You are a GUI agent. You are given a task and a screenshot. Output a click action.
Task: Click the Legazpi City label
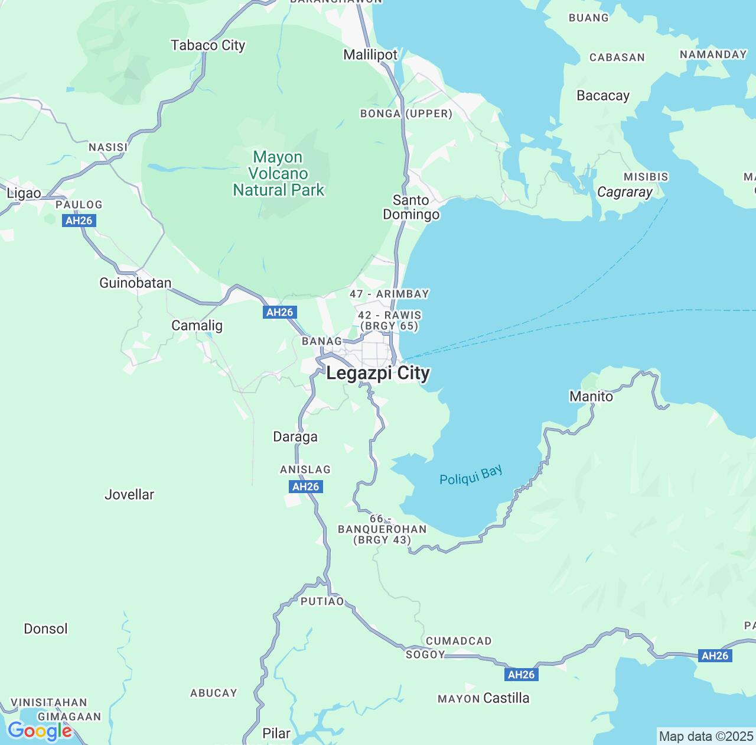point(378,374)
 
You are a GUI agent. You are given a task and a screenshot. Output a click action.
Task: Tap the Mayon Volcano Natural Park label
point(278,174)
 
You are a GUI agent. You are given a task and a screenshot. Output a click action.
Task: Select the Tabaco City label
point(208,46)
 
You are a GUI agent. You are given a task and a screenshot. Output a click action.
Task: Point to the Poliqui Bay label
point(471,475)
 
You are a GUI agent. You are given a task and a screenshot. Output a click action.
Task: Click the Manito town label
point(591,397)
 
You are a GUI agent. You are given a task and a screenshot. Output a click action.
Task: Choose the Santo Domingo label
point(411,208)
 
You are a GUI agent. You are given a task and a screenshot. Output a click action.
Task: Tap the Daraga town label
point(295,437)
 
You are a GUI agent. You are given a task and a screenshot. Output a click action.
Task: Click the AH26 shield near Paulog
point(79,221)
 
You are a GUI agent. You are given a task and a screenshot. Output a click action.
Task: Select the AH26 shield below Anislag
point(305,487)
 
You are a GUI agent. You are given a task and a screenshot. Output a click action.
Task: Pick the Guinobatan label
point(135,283)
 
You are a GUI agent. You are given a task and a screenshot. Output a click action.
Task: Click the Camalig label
point(197,326)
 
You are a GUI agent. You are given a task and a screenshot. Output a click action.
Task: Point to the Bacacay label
point(602,96)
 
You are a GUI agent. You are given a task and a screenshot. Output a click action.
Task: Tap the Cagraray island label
point(624,192)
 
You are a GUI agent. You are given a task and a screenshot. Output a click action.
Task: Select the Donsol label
point(45,629)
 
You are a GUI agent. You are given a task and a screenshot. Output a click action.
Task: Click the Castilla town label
point(506,698)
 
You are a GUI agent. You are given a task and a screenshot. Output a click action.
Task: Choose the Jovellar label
point(129,495)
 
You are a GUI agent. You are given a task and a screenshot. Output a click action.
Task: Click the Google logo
point(40,731)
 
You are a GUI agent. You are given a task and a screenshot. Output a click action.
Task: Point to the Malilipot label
point(370,55)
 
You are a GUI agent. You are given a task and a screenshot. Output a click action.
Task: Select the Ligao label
point(24,193)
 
